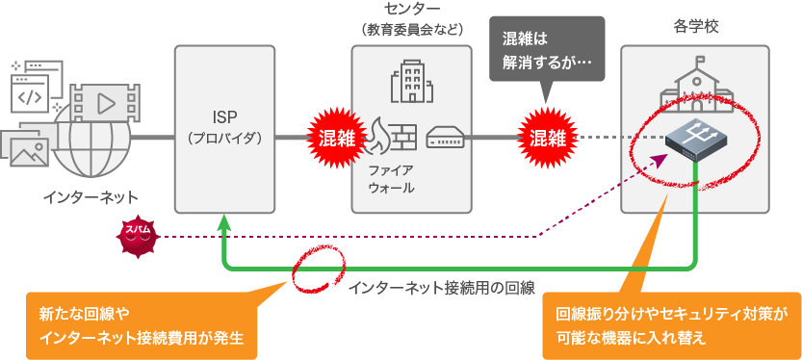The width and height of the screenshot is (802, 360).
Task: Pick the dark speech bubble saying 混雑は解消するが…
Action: point(547,53)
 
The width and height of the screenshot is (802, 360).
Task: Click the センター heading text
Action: point(411,10)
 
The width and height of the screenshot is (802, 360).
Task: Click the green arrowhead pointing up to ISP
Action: point(223,222)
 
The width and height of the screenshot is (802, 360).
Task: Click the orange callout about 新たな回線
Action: point(141,325)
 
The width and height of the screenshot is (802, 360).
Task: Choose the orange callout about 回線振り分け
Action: point(670,325)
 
